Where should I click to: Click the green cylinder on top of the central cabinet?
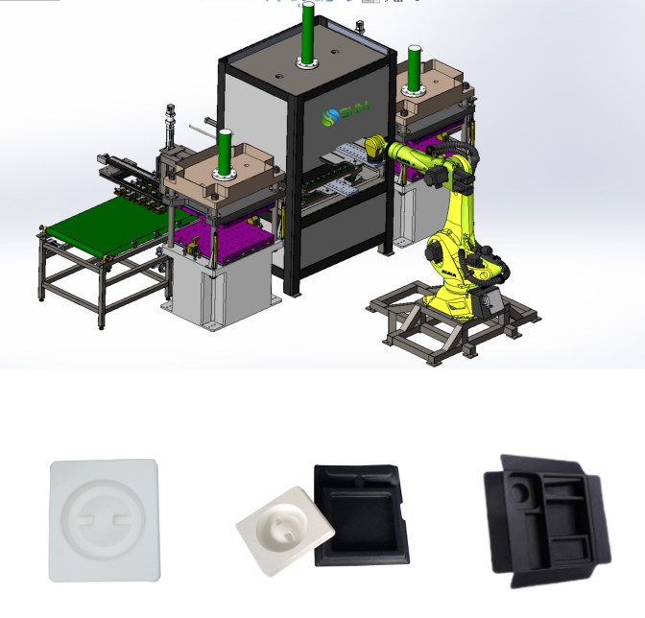(x=307, y=35)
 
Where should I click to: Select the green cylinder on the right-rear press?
(x=415, y=68)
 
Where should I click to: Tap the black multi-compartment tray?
(x=546, y=518)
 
